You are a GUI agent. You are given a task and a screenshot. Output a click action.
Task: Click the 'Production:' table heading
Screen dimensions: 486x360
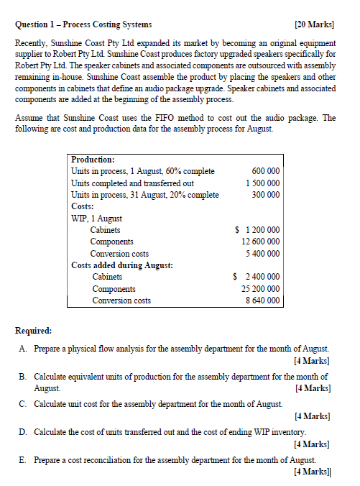(x=93, y=160)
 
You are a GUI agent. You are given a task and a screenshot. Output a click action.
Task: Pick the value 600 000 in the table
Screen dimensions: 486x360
(x=266, y=172)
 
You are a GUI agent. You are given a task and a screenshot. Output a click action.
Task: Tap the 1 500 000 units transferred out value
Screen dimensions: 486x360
(x=263, y=183)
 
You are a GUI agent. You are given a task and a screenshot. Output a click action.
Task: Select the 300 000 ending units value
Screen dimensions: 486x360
(x=266, y=195)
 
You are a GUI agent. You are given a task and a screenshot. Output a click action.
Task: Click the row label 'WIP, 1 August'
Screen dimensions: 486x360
(x=96, y=218)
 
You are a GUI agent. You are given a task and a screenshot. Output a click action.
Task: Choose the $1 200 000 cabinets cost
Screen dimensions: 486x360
(x=258, y=230)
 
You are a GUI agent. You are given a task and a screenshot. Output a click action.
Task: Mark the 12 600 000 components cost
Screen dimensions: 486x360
(x=261, y=242)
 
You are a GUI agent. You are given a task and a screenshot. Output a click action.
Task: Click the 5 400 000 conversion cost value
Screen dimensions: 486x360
(x=263, y=254)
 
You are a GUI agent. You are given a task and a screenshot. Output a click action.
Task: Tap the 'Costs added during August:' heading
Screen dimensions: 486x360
(x=121, y=265)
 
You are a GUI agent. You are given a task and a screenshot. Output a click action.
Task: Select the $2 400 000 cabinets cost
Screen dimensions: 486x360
(x=258, y=277)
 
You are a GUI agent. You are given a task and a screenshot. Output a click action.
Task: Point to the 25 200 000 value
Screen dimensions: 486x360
(x=261, y=289)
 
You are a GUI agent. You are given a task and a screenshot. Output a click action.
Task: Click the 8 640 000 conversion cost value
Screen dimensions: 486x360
(x=263, y=301)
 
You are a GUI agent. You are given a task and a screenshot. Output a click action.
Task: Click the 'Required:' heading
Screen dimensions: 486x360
(x=33, y=331)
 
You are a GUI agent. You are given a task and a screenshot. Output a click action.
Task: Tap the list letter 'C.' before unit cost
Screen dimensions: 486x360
(x=24, y=404)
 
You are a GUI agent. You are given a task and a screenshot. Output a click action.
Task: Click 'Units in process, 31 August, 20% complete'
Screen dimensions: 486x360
(x=145, y=195)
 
